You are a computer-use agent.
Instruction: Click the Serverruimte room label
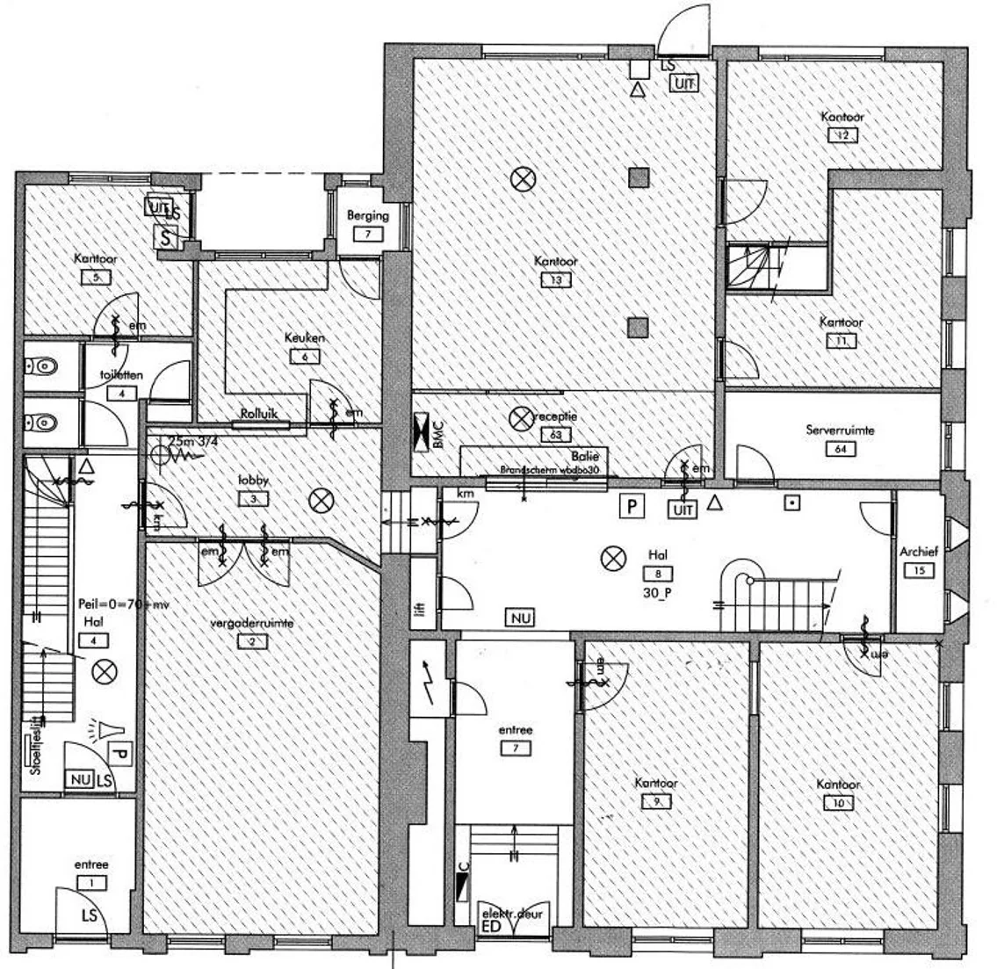tap(840, 430)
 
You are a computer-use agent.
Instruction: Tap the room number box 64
tap(841, 449)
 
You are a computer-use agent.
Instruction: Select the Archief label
tap(919, 552)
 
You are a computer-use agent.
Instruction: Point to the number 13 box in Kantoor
tap(556, 280)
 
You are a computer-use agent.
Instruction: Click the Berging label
tap(367, 215)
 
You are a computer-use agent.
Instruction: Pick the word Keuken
tap(305, 338)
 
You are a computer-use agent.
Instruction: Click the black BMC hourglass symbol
tap(423, 432)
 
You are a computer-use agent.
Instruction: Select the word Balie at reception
tap(584, 456)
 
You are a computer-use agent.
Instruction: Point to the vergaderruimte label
tap(252, 623)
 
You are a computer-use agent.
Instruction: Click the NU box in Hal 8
tap(521, 618)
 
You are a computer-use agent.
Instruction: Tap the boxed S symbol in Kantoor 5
tap(167, 235)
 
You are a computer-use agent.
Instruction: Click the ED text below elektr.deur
tap(491, 927)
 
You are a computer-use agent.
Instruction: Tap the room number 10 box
tap(837, 802)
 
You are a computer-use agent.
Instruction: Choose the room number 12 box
tap(842, 135)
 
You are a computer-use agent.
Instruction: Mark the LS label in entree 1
tap(90, 915)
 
